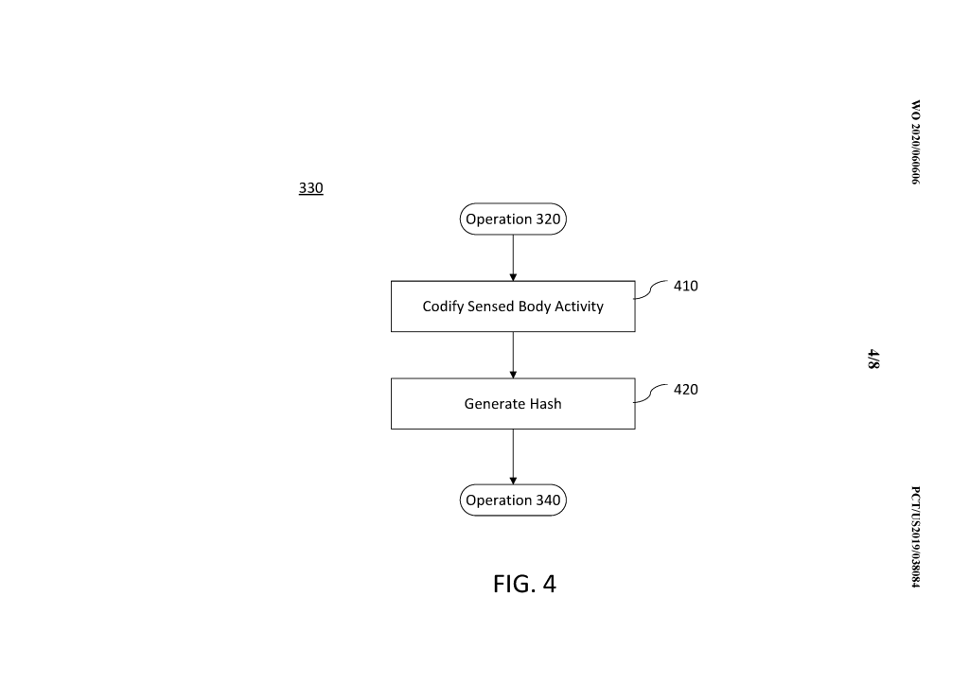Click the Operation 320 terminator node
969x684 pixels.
pos(513,219)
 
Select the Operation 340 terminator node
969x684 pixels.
pos(513,500)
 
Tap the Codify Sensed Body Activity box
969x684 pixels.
pos(513,307)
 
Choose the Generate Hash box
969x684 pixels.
pos(513,404)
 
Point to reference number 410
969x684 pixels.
pos(685,286)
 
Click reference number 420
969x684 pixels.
pos(685,389)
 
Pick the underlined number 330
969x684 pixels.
pos(310,188)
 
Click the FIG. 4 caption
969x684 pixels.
pos(524,584)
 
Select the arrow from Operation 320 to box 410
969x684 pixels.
pos(513,257)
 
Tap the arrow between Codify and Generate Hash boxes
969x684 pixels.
pos(513,355)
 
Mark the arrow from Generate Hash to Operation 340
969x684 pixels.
pos(513,457)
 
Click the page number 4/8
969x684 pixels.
pos(873,359)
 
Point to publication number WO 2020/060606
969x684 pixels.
pos(915,142)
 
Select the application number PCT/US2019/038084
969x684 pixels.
pos(915,536)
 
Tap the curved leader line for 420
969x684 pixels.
pos(650,395)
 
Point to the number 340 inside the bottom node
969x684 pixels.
pos(548,500)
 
